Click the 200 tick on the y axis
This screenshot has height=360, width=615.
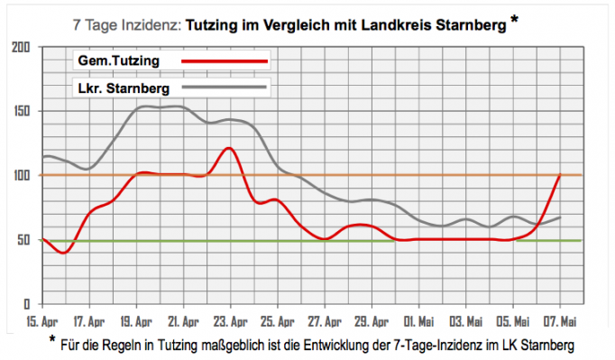pyautogui.click(x=21, y=47)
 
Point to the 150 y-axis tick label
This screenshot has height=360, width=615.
pyautogui.click(x=21, y=111)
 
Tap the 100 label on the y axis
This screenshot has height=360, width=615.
pyautogui.click(x=21, y=175)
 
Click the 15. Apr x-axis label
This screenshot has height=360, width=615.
pyautogui.click(x=43, y=320)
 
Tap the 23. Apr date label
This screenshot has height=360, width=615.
pyautogui.click(x=232, y=320)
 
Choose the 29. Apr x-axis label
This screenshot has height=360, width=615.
pyautogui.click(x=373, y=320)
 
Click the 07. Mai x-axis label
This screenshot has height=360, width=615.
pyautogui.click(x=561, y=320)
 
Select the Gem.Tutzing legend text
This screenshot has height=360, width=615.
pyautogui.click(x=117, y=60)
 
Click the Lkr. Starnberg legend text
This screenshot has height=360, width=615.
pyautogui.click(x=123, y=88)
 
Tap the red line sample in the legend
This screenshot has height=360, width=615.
pyautogui.click(x=225, y=60)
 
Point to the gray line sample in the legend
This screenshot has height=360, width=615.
pyautogui.click(x=225, y=88)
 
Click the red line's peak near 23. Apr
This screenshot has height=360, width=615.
pyautogui.click(x=229, y=148)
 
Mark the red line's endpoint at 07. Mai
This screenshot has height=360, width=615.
pyautogui.click(x=561, y=175)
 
